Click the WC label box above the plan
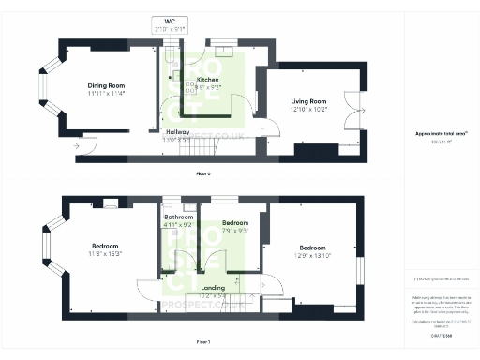170,25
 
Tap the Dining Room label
107,84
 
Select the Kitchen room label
208,80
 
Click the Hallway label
177,132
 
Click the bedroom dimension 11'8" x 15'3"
106,253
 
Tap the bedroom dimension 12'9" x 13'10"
314,254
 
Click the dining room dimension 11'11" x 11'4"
107,93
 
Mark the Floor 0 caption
202,174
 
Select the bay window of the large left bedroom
45,252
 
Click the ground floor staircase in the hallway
200,145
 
